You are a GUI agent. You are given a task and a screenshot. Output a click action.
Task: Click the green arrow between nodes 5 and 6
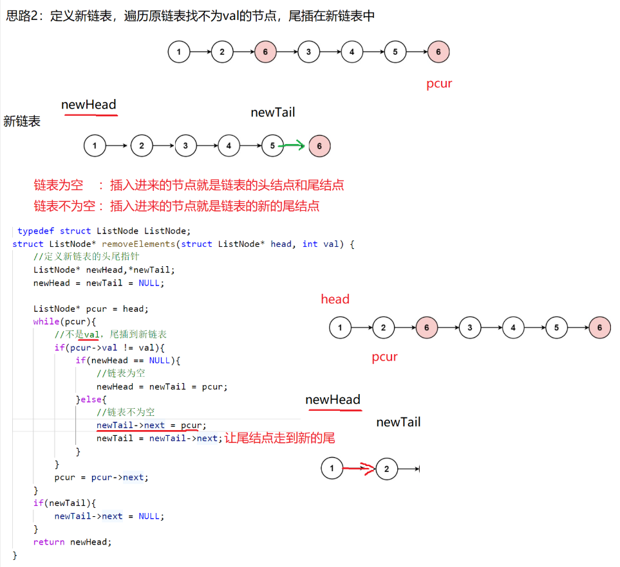[294, 146]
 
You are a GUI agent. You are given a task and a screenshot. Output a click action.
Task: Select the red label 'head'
[335, 299]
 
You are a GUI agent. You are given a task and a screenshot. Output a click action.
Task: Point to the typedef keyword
[36, 231]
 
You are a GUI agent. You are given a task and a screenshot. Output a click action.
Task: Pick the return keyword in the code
[49, 542]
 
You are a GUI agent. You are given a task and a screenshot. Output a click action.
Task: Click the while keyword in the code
[46, 321]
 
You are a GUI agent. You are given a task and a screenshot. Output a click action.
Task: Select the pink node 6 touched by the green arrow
[319, 146]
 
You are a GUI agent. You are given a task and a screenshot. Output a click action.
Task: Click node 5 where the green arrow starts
[272, 146]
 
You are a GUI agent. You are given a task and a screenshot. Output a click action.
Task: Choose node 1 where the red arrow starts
[332, 469]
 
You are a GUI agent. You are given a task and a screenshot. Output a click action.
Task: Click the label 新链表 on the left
[22, 122]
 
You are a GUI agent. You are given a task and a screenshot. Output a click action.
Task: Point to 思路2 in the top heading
[23, 16]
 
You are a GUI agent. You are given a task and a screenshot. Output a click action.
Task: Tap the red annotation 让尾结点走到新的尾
[279, 438]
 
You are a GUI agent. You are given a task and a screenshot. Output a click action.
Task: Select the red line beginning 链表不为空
[176, 206]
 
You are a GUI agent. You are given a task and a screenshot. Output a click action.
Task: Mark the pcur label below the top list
[439, 84]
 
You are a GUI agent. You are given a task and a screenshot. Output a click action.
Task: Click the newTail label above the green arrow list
[273, 113]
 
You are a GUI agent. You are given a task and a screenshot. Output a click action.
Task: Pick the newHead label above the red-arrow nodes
[333, 400]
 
